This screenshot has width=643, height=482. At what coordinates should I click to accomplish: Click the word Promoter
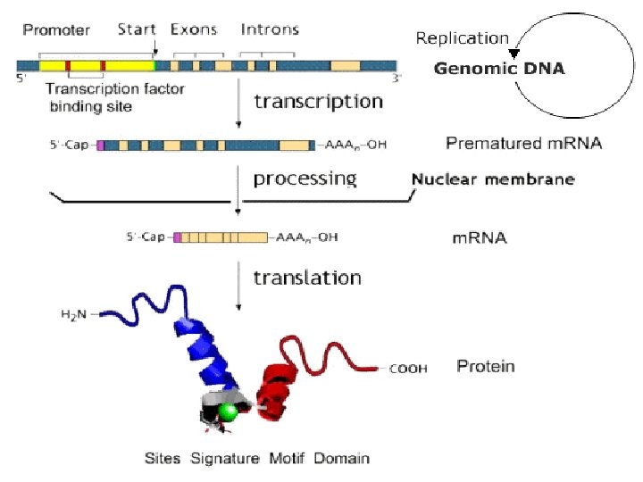pyautogui.click(x=56, y=30)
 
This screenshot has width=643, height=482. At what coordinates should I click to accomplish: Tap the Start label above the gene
pyautogui.click(x=138, y=30)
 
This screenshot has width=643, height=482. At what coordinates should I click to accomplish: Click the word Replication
pyautogui.click(x=462, y=38)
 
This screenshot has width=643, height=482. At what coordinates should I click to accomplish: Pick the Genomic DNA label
pyautogui.click(x=499, y=69)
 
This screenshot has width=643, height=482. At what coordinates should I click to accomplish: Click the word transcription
pyautogui.click(x=318, y=101)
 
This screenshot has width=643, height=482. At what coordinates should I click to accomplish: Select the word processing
pyautogui.click(x=305, y=179)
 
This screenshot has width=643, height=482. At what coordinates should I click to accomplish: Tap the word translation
pyautogui.click(x=307, y=278)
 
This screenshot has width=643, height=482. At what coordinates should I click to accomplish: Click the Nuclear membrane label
pyautogui.click(x=492, y=179)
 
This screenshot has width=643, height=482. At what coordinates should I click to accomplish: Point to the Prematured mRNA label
pyautogui.click(x=523, y=144)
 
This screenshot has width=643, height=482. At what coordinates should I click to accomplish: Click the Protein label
pyautogui.click(x=485, y=366)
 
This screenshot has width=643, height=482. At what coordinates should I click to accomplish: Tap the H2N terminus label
pyautogui.click(x=73, y=314)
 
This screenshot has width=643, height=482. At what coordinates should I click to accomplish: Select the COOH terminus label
pyautogui.click(x=408, y=368)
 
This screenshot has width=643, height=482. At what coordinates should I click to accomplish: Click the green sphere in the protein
pyautogui.click(x=229, y=411)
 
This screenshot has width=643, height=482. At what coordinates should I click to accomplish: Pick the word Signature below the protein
pyautogui.click(x=227, y=459)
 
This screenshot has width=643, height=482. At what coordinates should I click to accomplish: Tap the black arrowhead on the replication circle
pyautogui.click(x=514, y=54)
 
